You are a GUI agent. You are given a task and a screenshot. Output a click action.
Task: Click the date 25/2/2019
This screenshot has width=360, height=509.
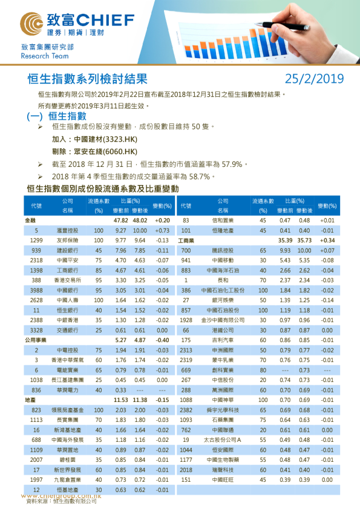pyautogui.click(x=314, y=79)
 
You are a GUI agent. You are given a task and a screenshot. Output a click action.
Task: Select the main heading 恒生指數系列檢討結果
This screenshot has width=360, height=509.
pyautogui.click(x=87, y=79)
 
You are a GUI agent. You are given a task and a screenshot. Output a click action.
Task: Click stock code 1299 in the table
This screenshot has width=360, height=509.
pyautogui.click(x=36, y=240)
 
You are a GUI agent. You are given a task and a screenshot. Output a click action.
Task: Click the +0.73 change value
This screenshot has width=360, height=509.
pyautogui.click(x=162, y=230)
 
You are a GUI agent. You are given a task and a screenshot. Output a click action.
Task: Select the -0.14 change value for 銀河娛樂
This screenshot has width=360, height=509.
pyautogui.click(x=327, y=300)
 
